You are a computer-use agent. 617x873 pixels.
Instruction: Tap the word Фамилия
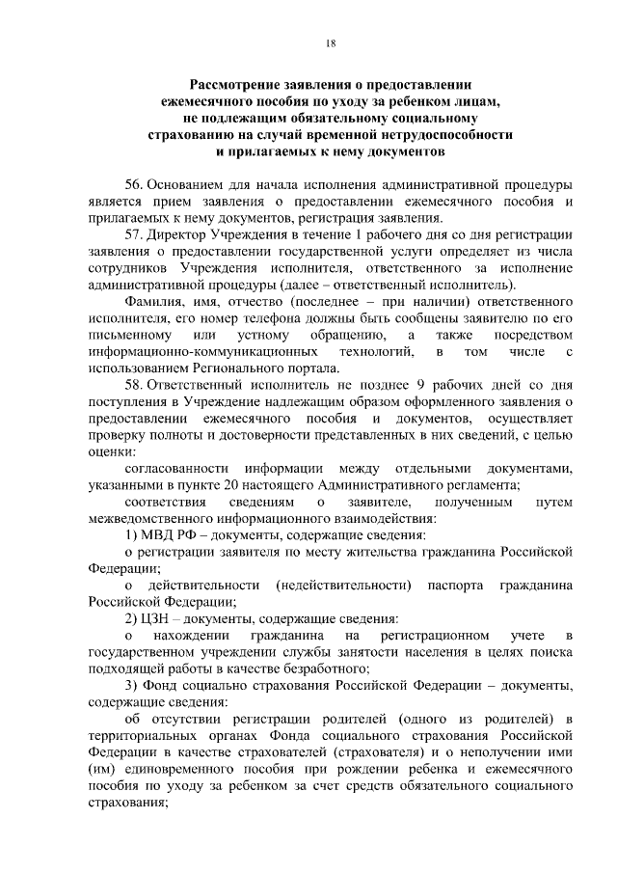click(x=154, y=302)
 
